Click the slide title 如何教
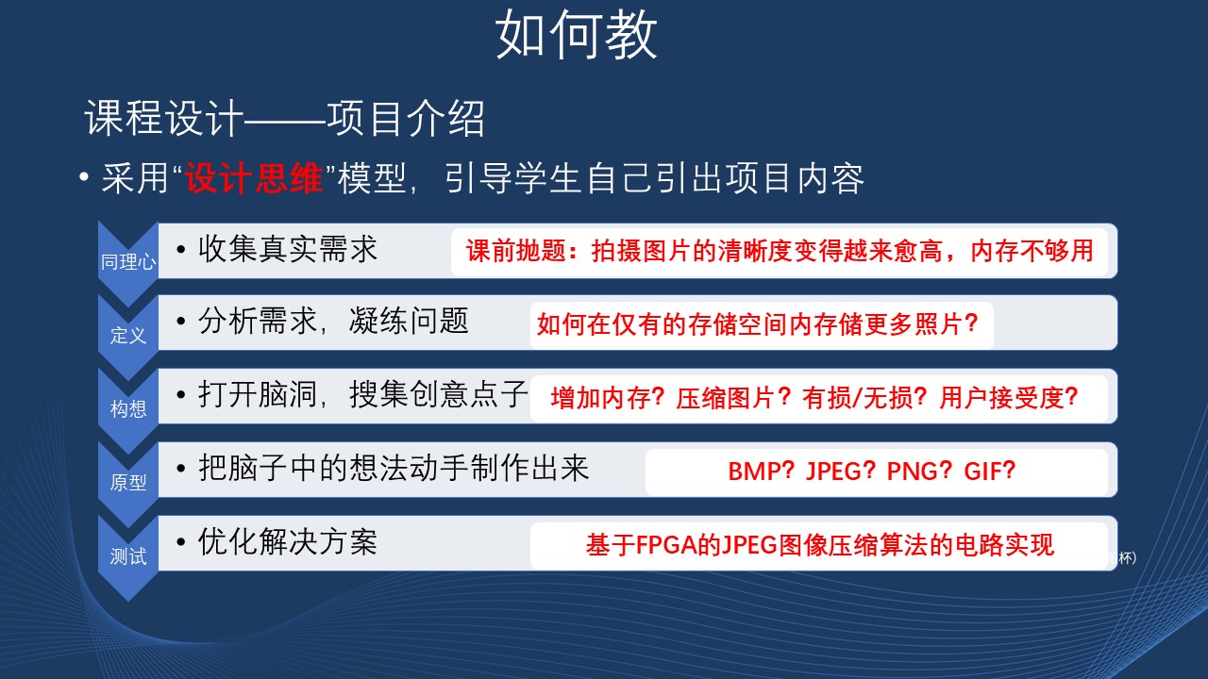click(576, 36)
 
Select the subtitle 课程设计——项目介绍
click(284, 119)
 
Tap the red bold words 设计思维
click(254, 178)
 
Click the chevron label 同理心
click(128, 262)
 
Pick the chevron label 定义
click(128, 335)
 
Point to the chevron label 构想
click(128, 408)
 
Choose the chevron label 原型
click(128, 482)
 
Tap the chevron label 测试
click(128, 556)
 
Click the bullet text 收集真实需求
click(288, 249)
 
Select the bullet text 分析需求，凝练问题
click(333, 322)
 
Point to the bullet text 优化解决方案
click(288, 541)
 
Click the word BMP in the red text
click(753, 471)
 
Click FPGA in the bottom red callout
click(666, 545)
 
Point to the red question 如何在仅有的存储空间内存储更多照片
click(750, 324)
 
